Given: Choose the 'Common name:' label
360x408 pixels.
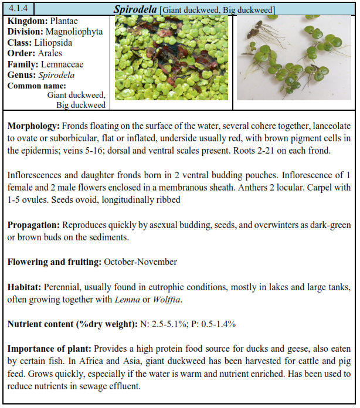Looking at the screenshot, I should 35,86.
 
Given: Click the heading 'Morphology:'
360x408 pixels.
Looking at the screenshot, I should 33,126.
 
